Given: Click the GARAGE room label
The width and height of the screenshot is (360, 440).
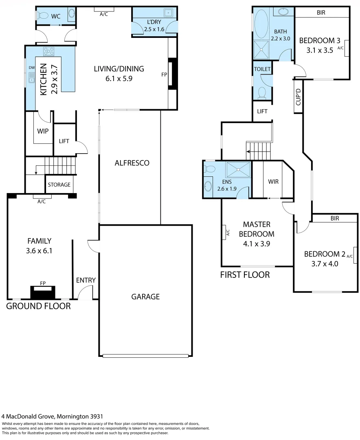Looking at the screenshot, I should [145, 297].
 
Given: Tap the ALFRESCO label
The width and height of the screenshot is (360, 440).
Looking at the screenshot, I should [132, 163].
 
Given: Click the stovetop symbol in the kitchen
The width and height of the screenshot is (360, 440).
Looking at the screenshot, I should [49, 51].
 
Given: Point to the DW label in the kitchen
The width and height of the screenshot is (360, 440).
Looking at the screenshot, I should [31, 68].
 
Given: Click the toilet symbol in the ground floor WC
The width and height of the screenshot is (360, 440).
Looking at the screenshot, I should [41, 16].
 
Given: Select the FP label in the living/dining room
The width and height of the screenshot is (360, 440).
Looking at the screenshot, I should [164, 75].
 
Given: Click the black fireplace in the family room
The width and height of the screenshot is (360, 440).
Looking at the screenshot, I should [42, 293].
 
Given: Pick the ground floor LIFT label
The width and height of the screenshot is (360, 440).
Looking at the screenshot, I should [64, 141].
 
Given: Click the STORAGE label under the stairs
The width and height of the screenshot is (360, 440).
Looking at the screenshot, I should [59, 185].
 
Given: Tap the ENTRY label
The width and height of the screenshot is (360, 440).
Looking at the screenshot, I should [86, 280].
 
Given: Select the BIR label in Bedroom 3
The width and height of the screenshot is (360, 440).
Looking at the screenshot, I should [321, 12].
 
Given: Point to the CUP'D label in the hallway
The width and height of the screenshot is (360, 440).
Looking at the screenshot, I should [298, 97].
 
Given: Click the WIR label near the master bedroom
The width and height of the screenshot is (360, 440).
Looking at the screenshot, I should [274, 181].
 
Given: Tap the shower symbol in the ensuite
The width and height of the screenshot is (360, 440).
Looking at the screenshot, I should [239, 169].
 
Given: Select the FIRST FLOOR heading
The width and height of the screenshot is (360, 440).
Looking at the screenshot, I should [245, 275].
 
